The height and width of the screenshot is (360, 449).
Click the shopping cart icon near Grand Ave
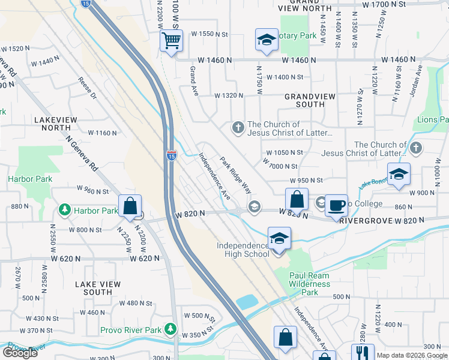[x=171, y=41]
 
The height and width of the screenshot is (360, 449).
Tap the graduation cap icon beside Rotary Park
[x=265, y=40]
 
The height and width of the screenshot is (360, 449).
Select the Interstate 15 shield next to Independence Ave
[x=171, y=155]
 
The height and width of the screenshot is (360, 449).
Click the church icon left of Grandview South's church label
[x=238, y=127]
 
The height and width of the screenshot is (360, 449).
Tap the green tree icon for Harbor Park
[x=65, y=210]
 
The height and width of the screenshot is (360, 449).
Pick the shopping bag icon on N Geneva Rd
[x=130, y=206]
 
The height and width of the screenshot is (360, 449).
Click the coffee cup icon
[x=337, y=205]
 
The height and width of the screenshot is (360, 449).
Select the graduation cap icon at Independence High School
[x=279, y=239]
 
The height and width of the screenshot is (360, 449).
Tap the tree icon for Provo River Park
[x=171, y=329]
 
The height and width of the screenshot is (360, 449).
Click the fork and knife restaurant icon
[x=362, y=353]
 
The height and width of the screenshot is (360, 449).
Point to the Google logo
[x=20, y=353]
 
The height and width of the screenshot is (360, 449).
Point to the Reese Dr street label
[x=88, y=88]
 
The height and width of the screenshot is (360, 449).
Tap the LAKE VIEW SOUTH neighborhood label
[x=98, y=288]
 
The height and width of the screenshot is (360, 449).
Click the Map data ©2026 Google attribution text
[x=412, y=355]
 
